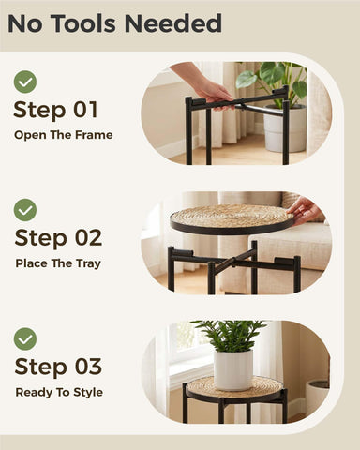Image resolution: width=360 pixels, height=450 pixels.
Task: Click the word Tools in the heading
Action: [83, 23]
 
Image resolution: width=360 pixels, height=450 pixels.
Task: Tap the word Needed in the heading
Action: [173, 23]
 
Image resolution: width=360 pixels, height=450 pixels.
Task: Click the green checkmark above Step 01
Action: [25, 82]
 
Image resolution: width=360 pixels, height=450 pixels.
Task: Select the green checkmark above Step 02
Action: [25, 210]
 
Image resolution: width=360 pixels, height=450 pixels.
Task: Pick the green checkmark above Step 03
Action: [25, 338]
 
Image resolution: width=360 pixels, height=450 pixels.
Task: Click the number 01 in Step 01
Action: [85, 110]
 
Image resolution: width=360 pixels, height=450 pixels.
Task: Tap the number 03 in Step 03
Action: [88, 367]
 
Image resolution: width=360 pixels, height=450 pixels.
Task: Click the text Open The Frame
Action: [64, 135]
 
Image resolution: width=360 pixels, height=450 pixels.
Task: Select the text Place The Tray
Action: [58, 263]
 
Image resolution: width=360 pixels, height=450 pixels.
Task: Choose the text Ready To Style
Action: [59, 392]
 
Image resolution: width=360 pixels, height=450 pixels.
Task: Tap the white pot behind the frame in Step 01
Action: [285, 128]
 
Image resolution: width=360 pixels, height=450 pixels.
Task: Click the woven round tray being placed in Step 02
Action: [232, 218]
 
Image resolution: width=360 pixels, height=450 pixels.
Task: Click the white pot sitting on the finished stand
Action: [233, 370]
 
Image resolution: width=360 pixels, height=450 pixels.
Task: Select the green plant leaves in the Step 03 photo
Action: [230, 336]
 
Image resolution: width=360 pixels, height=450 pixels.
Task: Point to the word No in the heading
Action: [25, 23]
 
